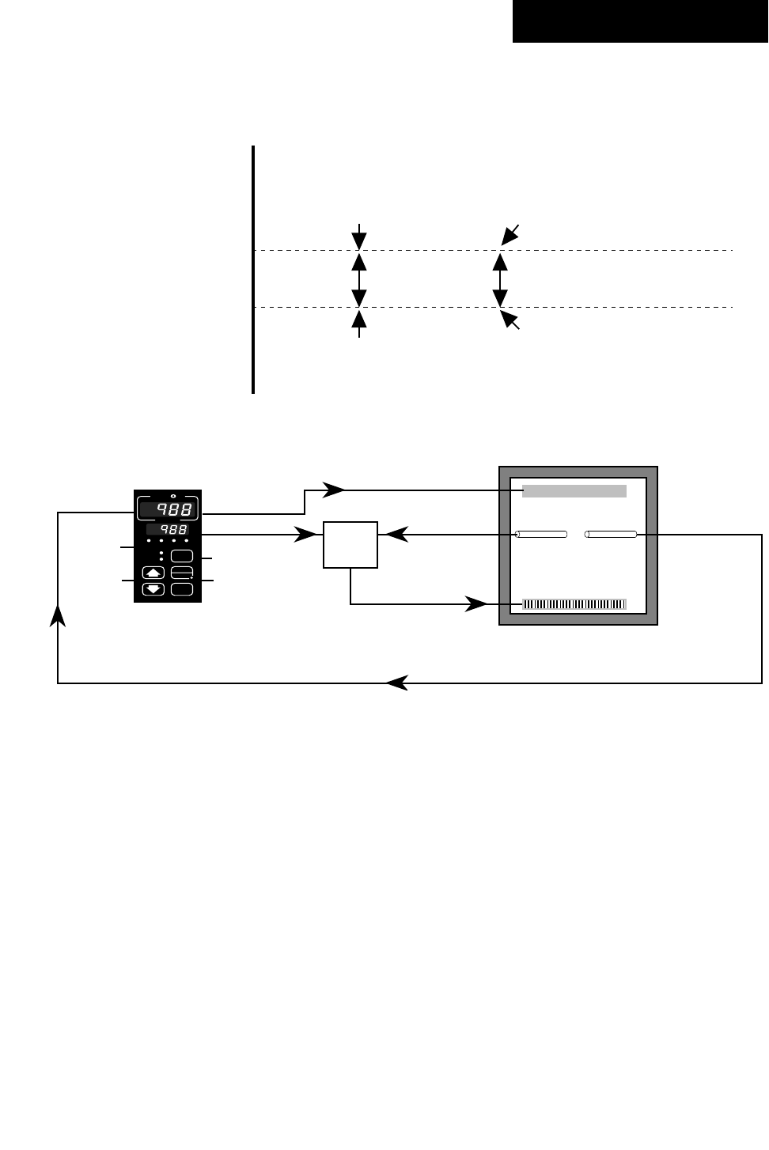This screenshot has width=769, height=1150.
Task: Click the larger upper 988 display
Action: click(169, 509)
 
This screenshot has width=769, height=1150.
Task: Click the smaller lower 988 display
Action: click(168, 529)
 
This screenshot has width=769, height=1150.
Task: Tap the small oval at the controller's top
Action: click(173, 497)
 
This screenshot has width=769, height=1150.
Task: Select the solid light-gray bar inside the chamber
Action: click(574, 491)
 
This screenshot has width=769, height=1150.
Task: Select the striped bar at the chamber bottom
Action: click(574, 605)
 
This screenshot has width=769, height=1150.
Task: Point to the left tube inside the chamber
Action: click(541, 535)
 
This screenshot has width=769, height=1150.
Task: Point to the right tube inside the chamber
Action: click(611, 535)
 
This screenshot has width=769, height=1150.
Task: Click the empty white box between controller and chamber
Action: click(350, 544)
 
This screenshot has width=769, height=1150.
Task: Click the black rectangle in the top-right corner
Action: click(640, 21)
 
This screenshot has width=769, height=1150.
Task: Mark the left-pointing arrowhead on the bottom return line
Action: click(397, 683)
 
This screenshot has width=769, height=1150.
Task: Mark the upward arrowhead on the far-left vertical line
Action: click(58, 615)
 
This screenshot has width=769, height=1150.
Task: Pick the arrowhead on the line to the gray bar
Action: click(334, 490)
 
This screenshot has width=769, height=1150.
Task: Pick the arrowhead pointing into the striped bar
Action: click(476, 605)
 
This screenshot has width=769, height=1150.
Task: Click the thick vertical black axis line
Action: click(253, 269)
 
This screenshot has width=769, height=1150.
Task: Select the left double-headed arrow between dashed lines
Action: click(360, 278)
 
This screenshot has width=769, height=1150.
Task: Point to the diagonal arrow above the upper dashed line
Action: click(510, 235)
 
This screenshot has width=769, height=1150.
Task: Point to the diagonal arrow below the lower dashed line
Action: click(510, 320)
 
